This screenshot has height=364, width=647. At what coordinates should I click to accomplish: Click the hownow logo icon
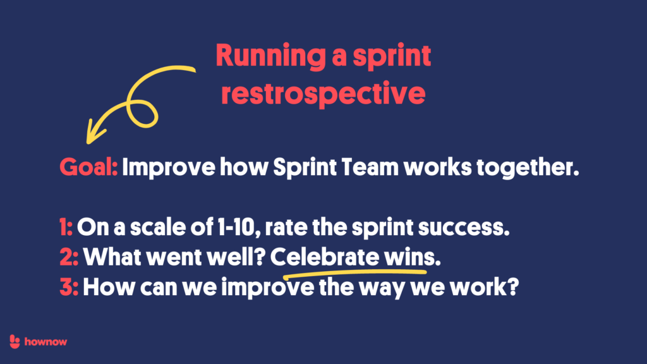pyautogui.click(x=16, y=342)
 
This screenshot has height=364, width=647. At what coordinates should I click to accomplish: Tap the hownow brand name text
pyautogui.click(x=46, y=342)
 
